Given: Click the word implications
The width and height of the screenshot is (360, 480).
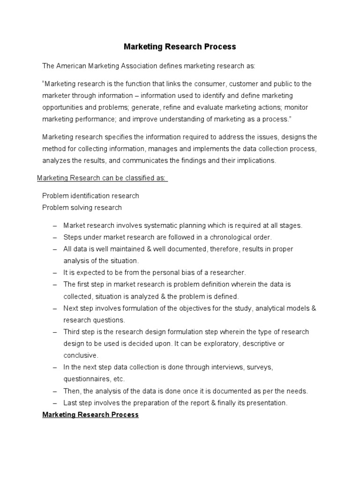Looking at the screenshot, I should pyautogui.click(x=257, y=160).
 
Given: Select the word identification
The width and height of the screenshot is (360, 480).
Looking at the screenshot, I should pyautogui.click(x=90, y=195).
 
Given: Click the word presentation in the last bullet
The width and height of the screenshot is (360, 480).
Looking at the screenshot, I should pyautogui.click(x=265, y=403).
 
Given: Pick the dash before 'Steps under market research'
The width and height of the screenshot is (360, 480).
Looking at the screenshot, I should pyautogui.click(x=55, y=237).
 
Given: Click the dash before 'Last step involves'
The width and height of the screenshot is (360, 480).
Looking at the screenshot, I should pyautogui.click(x=55, y=403).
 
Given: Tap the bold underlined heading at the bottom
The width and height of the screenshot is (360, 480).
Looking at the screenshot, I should pyautogui.click(x=90, y=415).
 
